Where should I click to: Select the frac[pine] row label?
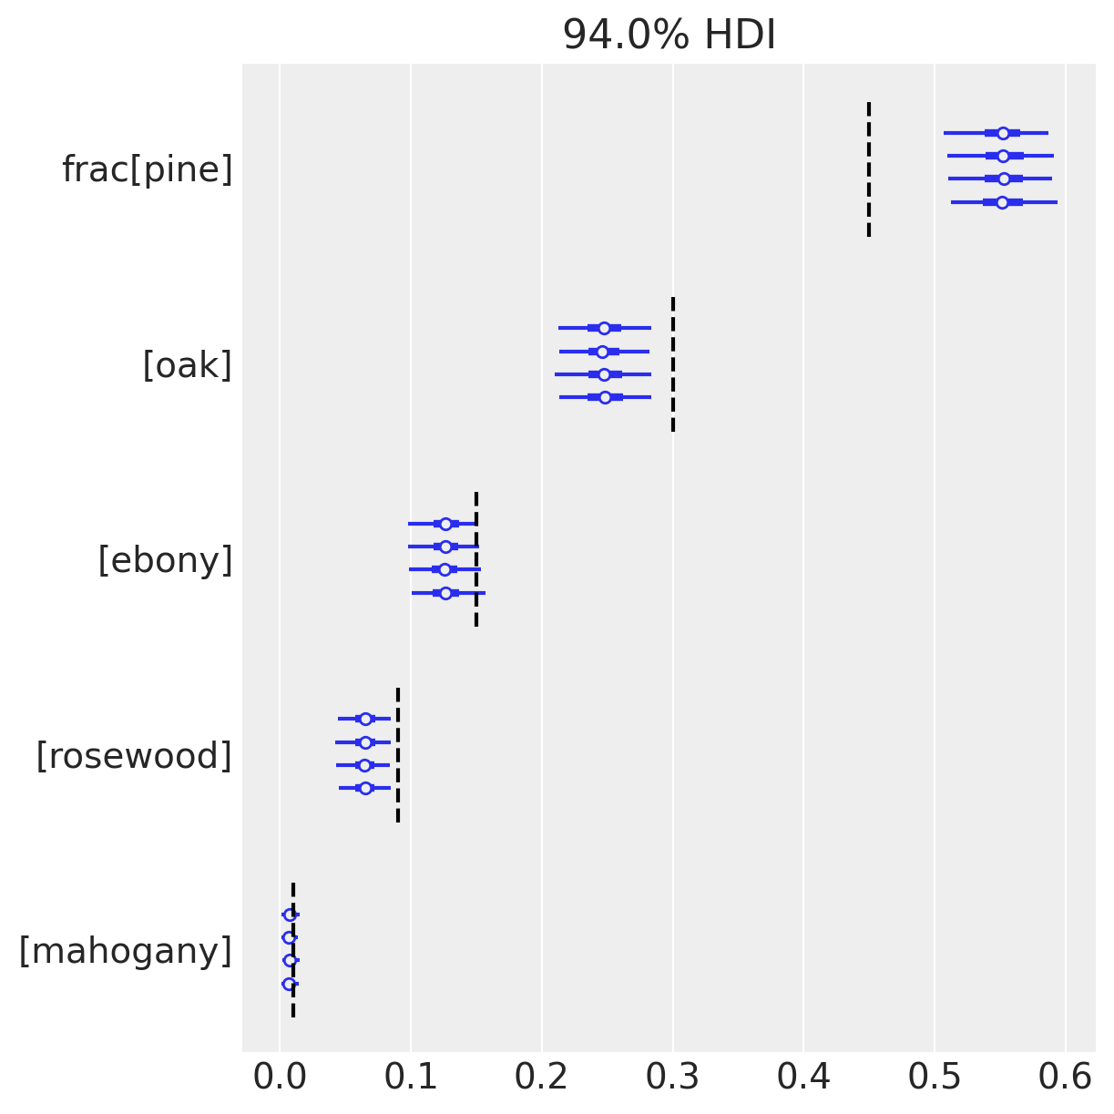click(x=148, y=169)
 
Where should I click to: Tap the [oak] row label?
click(x=188, y=365)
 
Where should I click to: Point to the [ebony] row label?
click(x=166, y=560)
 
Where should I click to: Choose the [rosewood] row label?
click(x=135, y=756)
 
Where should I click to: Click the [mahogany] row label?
click(x=126, y=951)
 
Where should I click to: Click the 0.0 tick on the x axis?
click(x=280, y=1078)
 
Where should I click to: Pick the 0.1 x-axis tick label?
click(x=411, y=1078)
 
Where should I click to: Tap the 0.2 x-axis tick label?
click(x=542, y=1078)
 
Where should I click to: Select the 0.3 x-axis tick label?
click(x=672, y=1078)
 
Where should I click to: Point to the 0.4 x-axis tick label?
click(x=803, y=1078)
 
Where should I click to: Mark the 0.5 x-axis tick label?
click(x=935, y=1078)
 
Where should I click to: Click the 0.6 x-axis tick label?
click(x=1066, y=1078)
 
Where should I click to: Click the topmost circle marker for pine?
click(x=1003, y=133)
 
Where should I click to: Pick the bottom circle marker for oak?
click(x=605, y=397)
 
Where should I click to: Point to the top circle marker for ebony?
click(x=445, y=524)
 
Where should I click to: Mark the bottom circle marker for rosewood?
click(x=365, y=788)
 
